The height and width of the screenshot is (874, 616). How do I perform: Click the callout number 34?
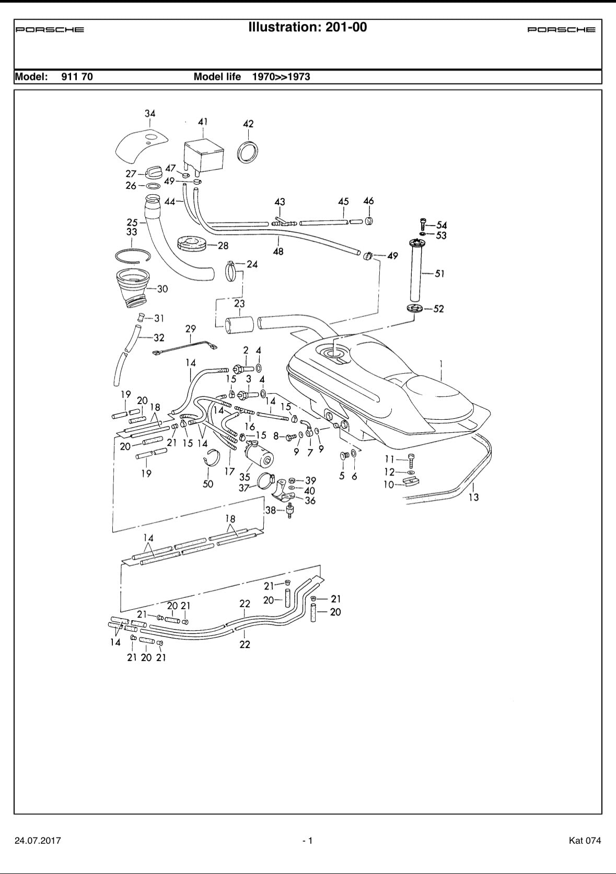[150, 113]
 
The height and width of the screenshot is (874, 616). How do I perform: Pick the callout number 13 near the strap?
[473, 497]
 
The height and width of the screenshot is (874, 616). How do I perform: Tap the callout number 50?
[208, 484]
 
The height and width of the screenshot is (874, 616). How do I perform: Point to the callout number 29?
[191, 328]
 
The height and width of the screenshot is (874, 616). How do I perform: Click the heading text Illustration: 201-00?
[308, 27]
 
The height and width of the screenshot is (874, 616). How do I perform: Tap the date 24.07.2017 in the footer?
[38, 841]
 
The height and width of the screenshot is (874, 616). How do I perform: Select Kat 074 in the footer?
[585, 841]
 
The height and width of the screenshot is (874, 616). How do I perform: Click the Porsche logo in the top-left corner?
[50, 30]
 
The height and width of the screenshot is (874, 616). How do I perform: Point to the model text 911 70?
[77, 77]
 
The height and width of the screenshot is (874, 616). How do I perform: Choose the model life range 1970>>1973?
[281, 77]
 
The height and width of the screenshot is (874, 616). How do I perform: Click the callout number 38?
[270, 510]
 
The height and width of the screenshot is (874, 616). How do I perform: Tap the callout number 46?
[368, 201]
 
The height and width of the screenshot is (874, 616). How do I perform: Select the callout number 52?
[438, 309]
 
